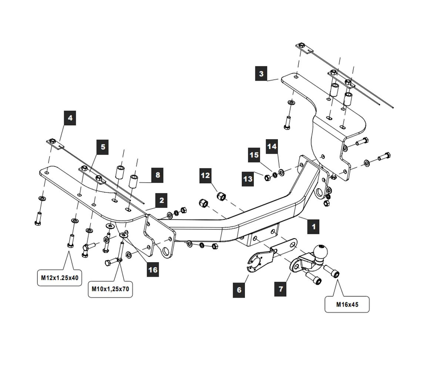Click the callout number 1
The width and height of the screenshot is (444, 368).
313,226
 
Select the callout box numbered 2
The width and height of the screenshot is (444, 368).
161,201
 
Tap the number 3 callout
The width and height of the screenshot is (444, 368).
261,74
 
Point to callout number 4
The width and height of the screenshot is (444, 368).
70,118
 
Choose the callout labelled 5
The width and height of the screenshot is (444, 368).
103,147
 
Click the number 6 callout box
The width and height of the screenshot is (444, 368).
239,290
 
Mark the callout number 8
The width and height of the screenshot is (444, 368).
158,175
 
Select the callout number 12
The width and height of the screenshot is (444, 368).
205,175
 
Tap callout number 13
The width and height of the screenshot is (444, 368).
248,179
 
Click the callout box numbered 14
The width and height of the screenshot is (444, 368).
272,146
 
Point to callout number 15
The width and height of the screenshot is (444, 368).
254,155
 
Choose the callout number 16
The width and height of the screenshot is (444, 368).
153,270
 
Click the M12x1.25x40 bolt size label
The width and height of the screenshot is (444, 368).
59,278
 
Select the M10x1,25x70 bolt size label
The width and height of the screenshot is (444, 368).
110,289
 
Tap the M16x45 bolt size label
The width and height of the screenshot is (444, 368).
347,304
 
